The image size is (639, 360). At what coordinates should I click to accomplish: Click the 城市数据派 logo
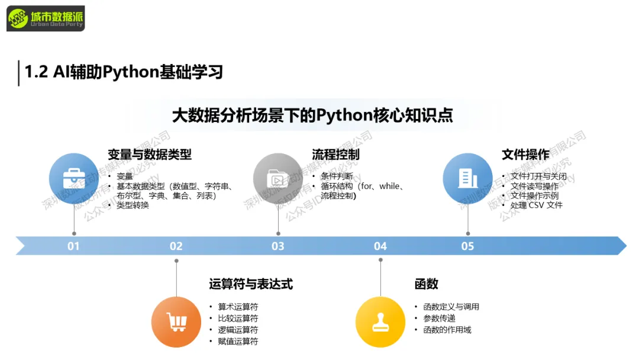pos(46,18)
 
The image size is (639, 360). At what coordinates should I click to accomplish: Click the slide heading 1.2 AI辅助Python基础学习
pos(123,72)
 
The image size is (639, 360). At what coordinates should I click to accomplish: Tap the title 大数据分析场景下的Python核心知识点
pos(312,115)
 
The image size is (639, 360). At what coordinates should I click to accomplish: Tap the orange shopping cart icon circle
pos(176,322)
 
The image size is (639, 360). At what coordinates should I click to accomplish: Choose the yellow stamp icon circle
pos(380,322)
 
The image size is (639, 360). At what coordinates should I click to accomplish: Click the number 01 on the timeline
pos(73,246)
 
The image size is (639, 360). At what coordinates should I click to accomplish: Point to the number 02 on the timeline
pos(176,246)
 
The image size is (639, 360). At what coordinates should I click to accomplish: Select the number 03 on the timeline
pos(278,246)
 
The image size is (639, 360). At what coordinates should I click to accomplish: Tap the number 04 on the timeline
pos(380,246)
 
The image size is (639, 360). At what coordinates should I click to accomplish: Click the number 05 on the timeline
pos(467,246)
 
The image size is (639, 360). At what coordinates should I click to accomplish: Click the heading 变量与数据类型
pos(150,155)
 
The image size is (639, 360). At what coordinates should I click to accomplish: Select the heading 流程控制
pos(335,155)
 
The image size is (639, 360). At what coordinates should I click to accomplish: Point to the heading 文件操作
pos(525,155)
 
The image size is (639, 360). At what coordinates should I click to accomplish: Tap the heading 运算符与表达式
pos(251,284)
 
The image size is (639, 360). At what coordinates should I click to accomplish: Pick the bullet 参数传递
pos(439,318)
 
